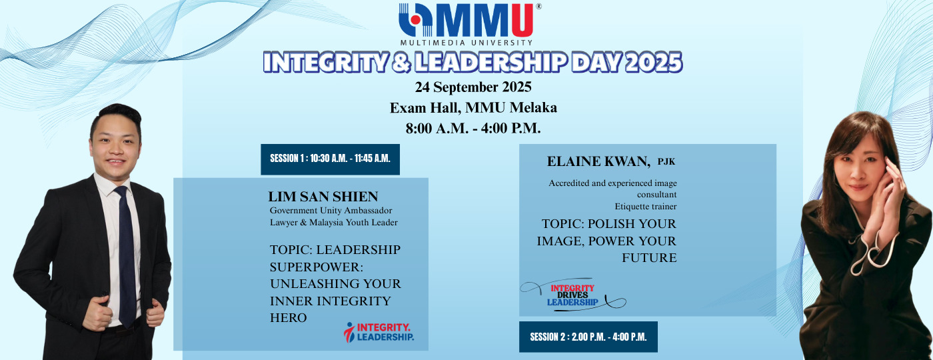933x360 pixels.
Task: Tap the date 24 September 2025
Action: pyautogui.click(x=473, y=87)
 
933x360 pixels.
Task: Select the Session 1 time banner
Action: pyautogui.click(x=330, y=159)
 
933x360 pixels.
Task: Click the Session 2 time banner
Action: pyautogui.click(x=588, y=337)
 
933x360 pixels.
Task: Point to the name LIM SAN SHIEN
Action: pyautogui.click(x=323, y=196)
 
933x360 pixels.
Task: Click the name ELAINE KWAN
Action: pyautogui.click(x=598, y=161)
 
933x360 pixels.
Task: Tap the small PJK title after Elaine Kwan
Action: pyautogui.click(x=666, y=161)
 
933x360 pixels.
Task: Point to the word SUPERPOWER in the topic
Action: pyautogui.click(x=316, y=267)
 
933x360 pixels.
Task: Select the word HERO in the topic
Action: pyautogui.click(x=288, y=317)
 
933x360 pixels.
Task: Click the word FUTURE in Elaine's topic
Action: pyautogui.click(x=649, y=258)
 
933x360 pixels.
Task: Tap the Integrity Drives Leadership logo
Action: pyautogui.click(x=572, y=295)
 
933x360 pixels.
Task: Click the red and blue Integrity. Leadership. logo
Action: pyautogui.click(x=379, y=332)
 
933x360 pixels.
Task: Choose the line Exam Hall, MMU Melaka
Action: pyautogui.click(x=473, y=107)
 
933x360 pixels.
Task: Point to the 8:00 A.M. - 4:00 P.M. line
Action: pyautogui.click(x=473, y=128)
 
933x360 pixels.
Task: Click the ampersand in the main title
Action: pyautogui.click(x=401, y=62)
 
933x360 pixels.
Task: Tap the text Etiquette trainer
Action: pyautogui.click(x=646, y=206)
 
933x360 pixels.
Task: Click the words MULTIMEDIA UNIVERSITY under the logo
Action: pyautogui.click(x=466, y=43)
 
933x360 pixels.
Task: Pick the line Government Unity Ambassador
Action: pyautogui.click(x=331, y=211)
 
